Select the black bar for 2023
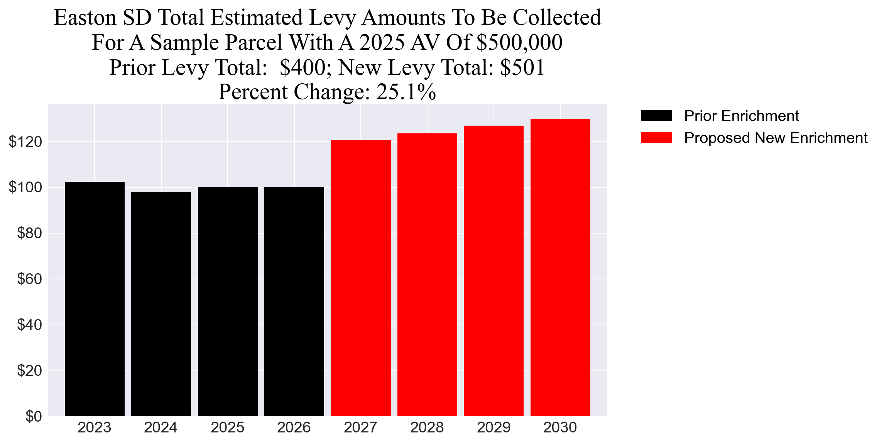(95, 299)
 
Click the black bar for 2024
(161, 304)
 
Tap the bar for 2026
(294, 301)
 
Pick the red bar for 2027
(360, 277)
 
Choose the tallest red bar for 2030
(560, 267)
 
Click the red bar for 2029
(494, 271)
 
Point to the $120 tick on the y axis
(25, 142)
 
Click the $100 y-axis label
(25, 187)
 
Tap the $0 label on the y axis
(34, 416)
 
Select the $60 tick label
(29, 279)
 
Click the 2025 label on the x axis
(227, 427)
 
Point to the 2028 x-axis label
(427, 427)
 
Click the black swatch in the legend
(656, 116)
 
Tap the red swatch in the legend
(656, 138)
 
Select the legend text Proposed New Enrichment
(776, 138)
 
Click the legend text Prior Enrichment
(741, 116)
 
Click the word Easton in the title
(85, 18)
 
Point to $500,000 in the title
(519, 42)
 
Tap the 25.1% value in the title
(406, 92)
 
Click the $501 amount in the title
(522, 67)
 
